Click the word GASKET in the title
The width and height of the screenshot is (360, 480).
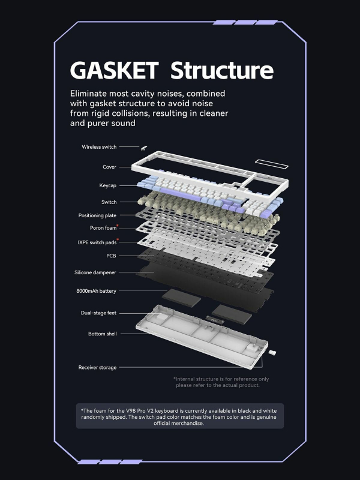click(114, 70)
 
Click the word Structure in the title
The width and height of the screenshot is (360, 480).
click(222, 70)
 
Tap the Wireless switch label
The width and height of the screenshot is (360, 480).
click(99, 147)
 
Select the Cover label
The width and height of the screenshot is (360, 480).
click(109, 167)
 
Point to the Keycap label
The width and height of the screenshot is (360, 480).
click(108, 185)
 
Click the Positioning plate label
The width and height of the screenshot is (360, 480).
click(97, 215)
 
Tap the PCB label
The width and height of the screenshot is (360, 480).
click(111, 256)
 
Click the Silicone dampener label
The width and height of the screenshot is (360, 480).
click(95, 272)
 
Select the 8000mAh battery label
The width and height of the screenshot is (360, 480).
click(95, 291)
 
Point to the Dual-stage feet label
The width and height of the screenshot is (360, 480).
click(98, 313)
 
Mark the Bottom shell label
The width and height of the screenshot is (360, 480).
click(102, 334)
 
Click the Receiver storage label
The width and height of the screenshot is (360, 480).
click(97, 367)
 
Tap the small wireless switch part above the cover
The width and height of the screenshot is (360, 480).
click(144, 148)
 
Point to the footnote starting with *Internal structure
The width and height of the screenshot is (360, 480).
click(221, 382)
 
